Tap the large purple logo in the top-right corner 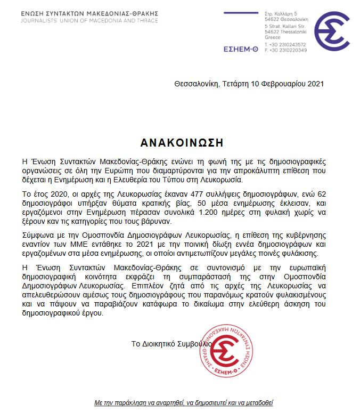[331, 31]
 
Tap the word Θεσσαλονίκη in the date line [195, 84]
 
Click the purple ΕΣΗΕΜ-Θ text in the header [241, 50]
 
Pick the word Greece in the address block [272, 37]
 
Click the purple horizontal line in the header [241, 13]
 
